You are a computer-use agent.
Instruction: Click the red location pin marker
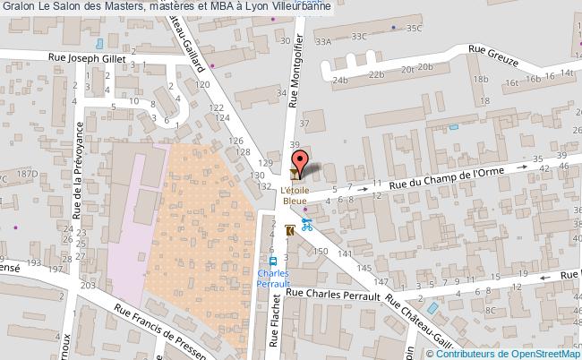click(x=303, y=162)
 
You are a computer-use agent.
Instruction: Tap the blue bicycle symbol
click(x=308, y=224)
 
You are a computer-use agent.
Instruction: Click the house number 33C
click(x=360, y=37)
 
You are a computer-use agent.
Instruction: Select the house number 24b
click(x=340, y=80)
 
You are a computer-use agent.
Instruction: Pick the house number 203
click(x=88, y=285)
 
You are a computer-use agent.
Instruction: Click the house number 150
click(x=321, y=253)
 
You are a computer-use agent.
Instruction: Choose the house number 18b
click(x=481, y=79)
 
